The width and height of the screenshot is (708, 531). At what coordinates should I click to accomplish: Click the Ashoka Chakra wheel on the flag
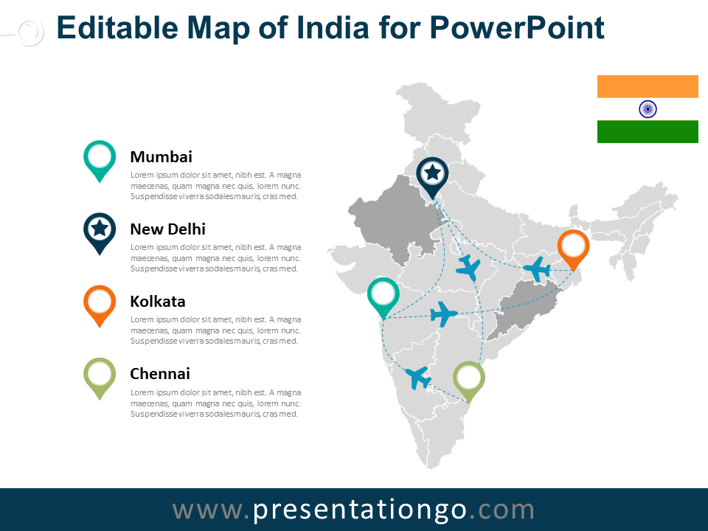pos(648,109)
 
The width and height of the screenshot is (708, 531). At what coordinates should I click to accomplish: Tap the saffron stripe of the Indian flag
pos(648,86)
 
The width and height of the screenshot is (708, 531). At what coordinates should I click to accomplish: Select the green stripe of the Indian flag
pos(648,131)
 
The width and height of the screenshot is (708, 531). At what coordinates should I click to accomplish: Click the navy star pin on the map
pos(432,174)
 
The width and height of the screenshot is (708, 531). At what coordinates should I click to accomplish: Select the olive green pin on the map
pos(468,378)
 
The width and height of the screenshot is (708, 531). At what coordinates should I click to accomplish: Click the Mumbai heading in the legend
pos(161,156)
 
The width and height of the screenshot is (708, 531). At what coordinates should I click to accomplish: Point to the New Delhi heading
pos(167,229)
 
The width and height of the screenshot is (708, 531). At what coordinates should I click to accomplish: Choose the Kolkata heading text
pos(157,301)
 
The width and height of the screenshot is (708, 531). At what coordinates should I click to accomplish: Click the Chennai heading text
pos(160,373)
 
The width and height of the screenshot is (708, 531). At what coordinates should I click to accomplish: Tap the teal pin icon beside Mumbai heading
pos(100,158)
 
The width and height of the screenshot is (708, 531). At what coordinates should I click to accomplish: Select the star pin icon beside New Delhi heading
pos(100,230)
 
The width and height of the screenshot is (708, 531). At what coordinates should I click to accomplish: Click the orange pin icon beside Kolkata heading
pos(100,302)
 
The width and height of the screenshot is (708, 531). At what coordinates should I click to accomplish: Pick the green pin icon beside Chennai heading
pos(100,375)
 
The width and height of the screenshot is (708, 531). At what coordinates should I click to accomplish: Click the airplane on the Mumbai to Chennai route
pos(418,378)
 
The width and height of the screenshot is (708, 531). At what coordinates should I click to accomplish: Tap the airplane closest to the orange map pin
pos(537,269)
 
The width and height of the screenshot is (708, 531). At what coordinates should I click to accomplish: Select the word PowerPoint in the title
pos(516,28)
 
